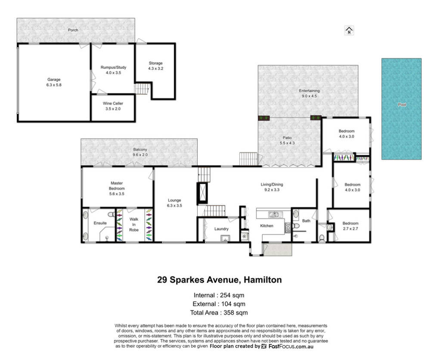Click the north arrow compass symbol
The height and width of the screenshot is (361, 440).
[349, 30]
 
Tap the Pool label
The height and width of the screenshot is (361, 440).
[402, 105]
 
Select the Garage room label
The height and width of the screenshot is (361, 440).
[54, 80]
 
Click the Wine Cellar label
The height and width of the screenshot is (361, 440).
[113, 104]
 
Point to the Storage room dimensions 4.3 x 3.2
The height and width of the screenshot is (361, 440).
[156, 68]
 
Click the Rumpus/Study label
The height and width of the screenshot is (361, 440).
[113, 67]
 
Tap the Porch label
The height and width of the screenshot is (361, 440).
[73, 30]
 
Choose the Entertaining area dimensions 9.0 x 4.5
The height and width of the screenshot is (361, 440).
[309, 96]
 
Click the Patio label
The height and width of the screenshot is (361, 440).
[287, 138]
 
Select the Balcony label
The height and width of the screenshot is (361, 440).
[140, 149]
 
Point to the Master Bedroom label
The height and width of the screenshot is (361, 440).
[117, 186]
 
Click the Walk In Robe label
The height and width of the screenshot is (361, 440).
[134, 225]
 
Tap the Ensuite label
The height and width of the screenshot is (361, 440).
[100, 223]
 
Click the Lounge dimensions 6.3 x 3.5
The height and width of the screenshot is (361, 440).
[174, 206]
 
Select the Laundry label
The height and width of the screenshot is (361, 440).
[221, 229]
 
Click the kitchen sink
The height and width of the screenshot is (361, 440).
[274, 215]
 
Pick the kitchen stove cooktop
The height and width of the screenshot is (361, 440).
[288, 228]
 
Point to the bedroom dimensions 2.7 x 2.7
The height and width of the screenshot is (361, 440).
[350, 228]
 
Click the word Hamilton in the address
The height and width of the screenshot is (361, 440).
[263, 280]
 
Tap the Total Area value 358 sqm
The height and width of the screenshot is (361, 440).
[236, 312]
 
